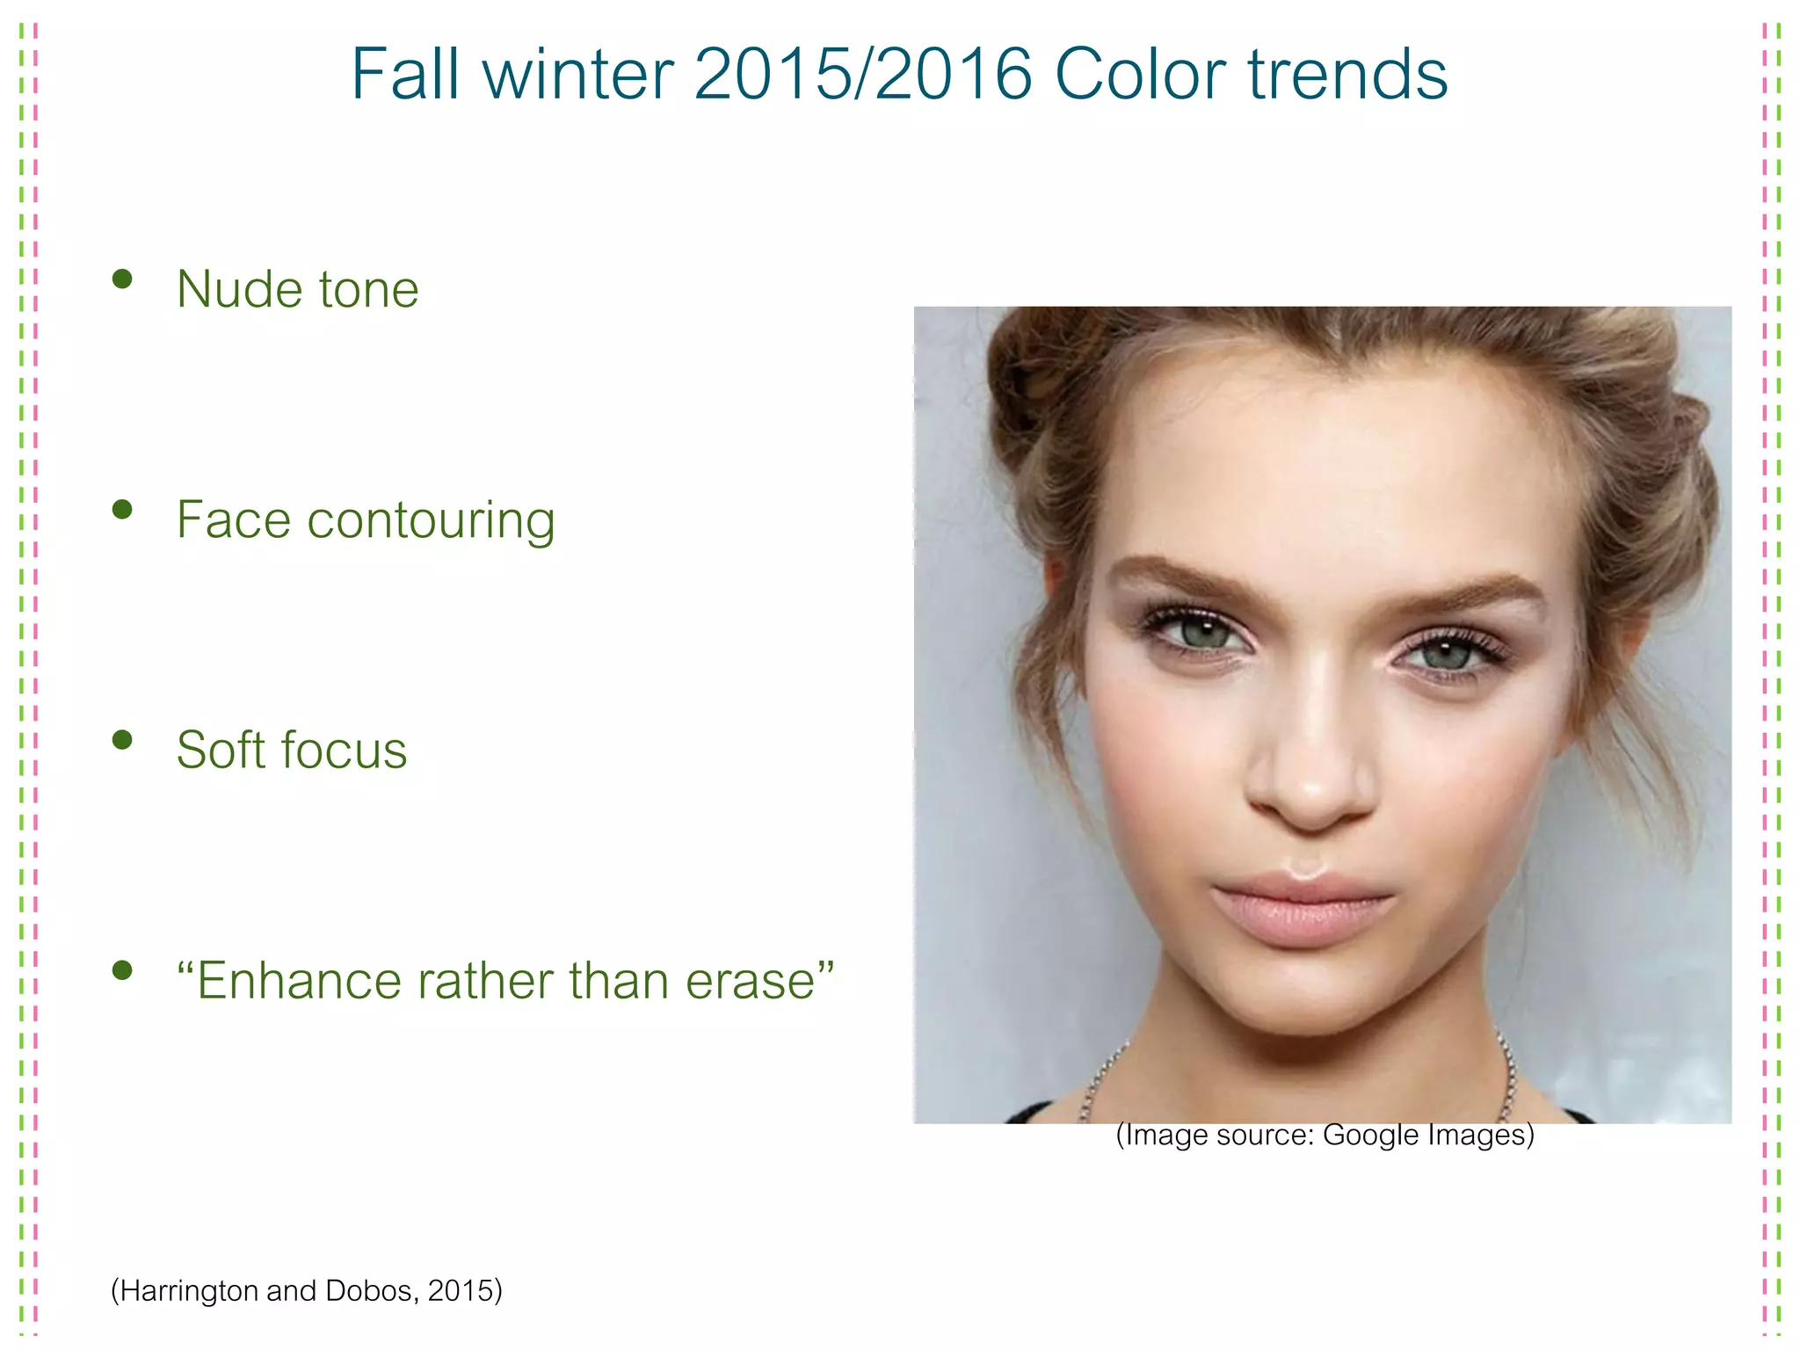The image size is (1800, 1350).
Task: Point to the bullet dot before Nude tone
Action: pyautogui.click(x=122, y=279)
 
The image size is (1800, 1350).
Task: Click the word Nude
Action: pyautogui.click(x=239, y=289)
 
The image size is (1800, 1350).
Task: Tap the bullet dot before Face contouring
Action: pyautogui.click(x=122, y=510)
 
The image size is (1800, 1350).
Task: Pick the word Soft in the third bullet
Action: pyautogui.click(x=221, y=750)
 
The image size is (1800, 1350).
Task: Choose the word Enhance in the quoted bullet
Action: pyautogui.click(x=300, y=981)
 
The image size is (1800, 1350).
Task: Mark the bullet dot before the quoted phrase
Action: pyautogui.click(x=122, y=970)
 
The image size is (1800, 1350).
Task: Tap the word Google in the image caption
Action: pyautogui.click(x=1370, y=1135)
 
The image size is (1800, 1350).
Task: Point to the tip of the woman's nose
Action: pyautogui.click(x=1312, y=795)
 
